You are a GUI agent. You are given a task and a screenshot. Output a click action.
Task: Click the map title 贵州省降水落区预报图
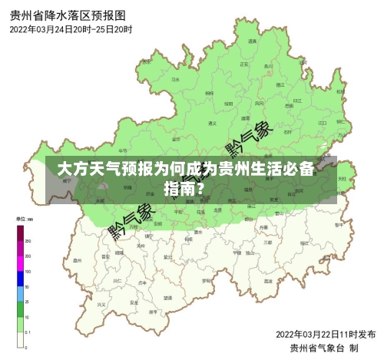[x=68, y=15]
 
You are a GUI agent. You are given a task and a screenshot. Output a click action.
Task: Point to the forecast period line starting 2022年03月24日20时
[x=71, y=29]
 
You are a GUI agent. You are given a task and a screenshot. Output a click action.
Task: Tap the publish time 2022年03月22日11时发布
[x=325, y=334]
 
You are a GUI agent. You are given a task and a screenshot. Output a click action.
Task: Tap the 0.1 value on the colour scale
[x=28, y=332]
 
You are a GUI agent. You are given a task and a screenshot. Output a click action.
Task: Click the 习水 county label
[x=175, y=79]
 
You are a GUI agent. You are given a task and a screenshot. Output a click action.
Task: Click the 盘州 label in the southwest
[x=78, y=260]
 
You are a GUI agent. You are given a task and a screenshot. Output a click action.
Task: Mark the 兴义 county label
[x=101, y=304]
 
